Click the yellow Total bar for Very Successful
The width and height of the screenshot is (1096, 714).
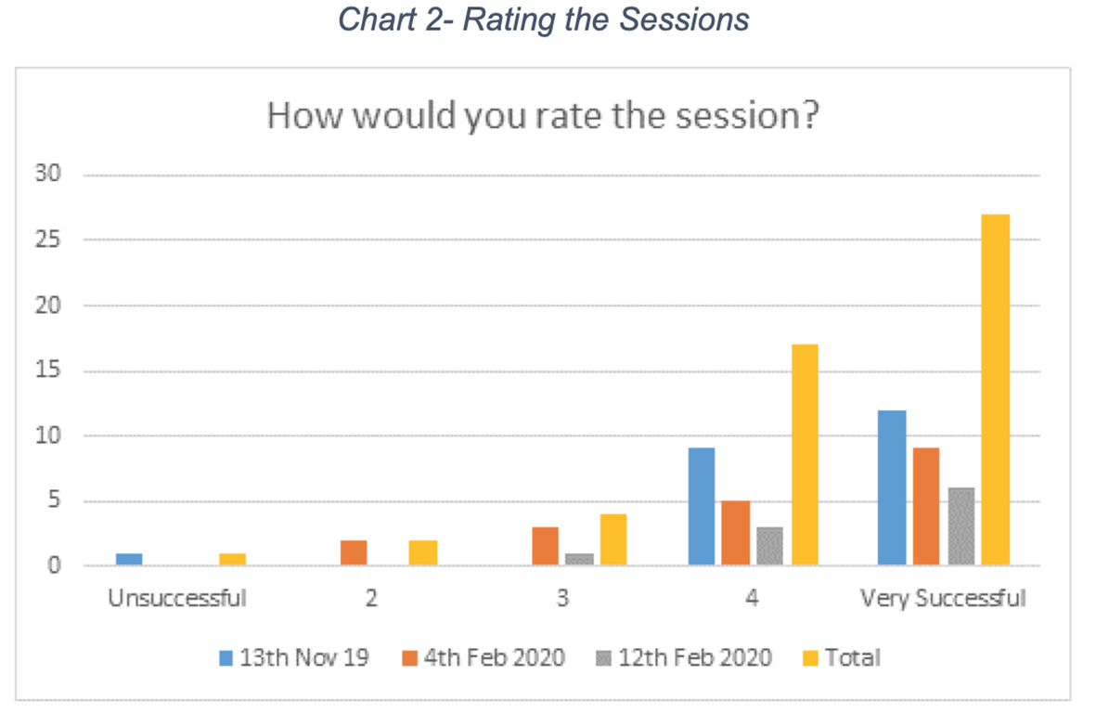pyautogui.click(x=996, y=390)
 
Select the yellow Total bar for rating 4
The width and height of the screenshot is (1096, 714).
pyautogui.click(x=805, y=455)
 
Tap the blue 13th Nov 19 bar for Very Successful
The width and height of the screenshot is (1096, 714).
pyautogui.click(x=892, y=487)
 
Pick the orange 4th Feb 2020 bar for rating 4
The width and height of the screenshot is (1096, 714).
pyautogui.click(x=736, y=533)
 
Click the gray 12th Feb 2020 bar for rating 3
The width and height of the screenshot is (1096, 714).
pyautogui.click(x=579, y=560)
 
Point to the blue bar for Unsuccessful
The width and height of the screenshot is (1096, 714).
pyautogui.click(x=129, y=560)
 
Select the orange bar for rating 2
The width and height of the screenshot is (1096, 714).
pyautogui.click(x=354, y=552)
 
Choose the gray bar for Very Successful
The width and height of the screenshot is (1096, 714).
pyautogui.click(x=961, y=526)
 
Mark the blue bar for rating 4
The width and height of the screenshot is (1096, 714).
pyautogui.click(x=702, y=506)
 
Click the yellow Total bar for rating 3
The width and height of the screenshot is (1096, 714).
pyautogui.click(x=613, y=539)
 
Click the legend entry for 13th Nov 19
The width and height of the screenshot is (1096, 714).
pyautogui.click(x=294, y=658)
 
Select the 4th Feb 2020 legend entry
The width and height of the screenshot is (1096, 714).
pyautogui.click(x=484, y=658)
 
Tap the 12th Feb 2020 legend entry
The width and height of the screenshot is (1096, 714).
pyautogui.click(x=684, y=658)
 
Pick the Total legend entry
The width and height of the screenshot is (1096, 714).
pyautogui.click(x=843, y=658)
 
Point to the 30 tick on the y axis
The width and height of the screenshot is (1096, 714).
pyautogui.click(x=48, y=174)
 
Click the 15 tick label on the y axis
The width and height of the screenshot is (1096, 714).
pyautogui.click(x=48, y=370)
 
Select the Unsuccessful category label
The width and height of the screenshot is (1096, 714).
pyautogui.click(x=177, y=599)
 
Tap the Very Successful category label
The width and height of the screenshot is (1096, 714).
pyautogui.click(x=943, y=599)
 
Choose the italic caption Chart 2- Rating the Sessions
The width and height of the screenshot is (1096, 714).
pyautogui.click(x=544, y=19)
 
